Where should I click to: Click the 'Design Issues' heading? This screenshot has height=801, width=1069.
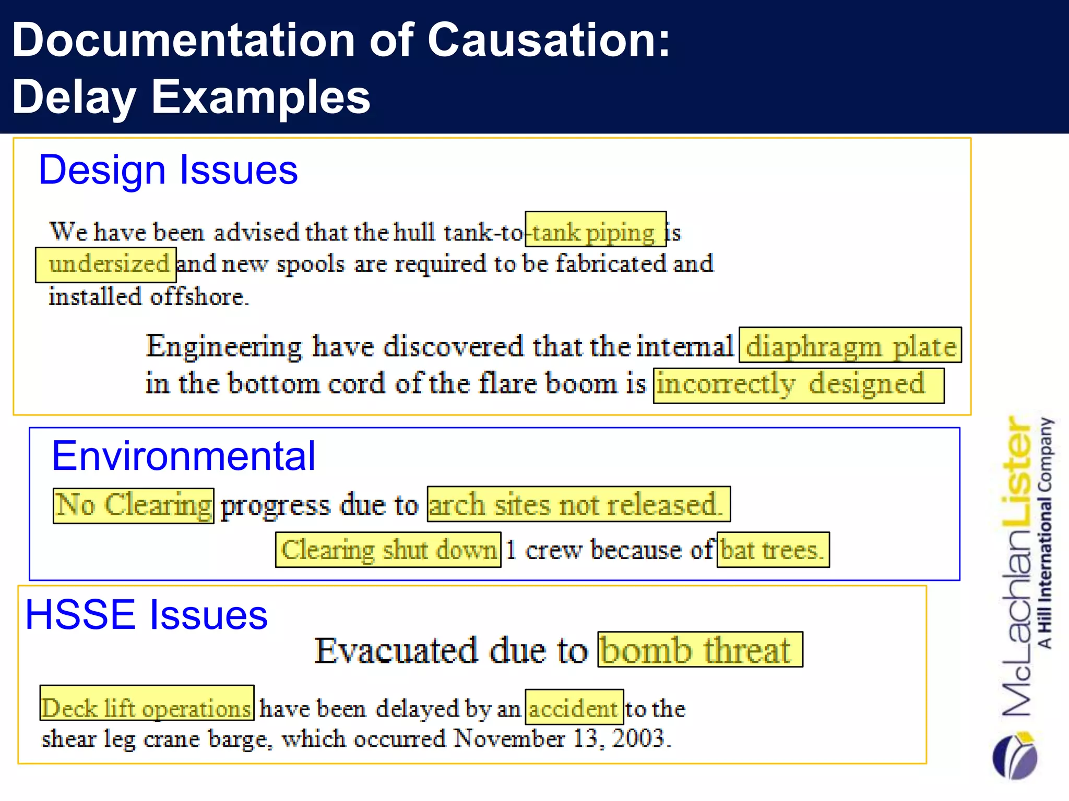pos(168,170)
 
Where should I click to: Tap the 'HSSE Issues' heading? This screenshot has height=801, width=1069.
pos(146,614)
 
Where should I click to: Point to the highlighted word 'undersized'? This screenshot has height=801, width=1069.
pos(106,265)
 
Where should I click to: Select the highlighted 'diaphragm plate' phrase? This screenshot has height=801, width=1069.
pos(850,345)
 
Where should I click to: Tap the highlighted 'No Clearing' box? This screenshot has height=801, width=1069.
pos(134,506)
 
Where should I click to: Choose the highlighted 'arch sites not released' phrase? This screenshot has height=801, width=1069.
pos(578,504)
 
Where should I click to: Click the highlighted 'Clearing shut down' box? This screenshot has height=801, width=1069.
pos(388,550)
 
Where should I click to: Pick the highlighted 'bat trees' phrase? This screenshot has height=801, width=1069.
pos(773,550)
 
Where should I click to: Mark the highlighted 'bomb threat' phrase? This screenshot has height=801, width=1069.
pos(700,650)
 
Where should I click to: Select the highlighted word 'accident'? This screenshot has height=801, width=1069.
pos(574,707)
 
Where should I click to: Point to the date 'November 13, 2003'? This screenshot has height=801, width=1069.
pos(562,738)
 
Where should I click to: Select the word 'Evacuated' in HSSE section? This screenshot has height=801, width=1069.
pos(396,650)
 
